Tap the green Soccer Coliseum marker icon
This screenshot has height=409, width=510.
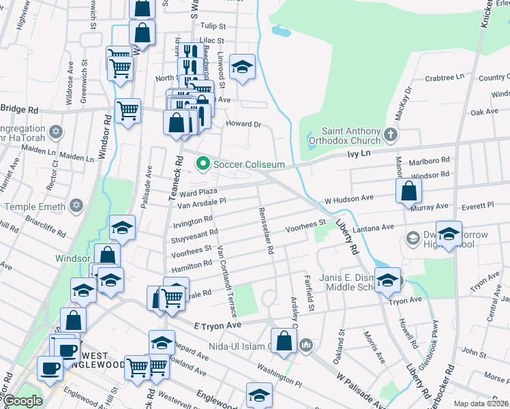[x=202, y=164]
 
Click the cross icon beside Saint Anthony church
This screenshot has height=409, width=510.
[x=390, y=134]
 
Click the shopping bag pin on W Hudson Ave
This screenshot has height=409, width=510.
[x=408, y=193]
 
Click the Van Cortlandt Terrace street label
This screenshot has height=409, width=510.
[x=226, y=280]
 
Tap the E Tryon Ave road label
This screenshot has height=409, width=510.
[x=218, y=327]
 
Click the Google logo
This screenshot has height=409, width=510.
[x=22, y=402]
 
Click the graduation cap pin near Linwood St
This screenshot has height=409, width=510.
[x=242, y=67]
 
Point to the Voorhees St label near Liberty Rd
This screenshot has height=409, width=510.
[x=306, y=225]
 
